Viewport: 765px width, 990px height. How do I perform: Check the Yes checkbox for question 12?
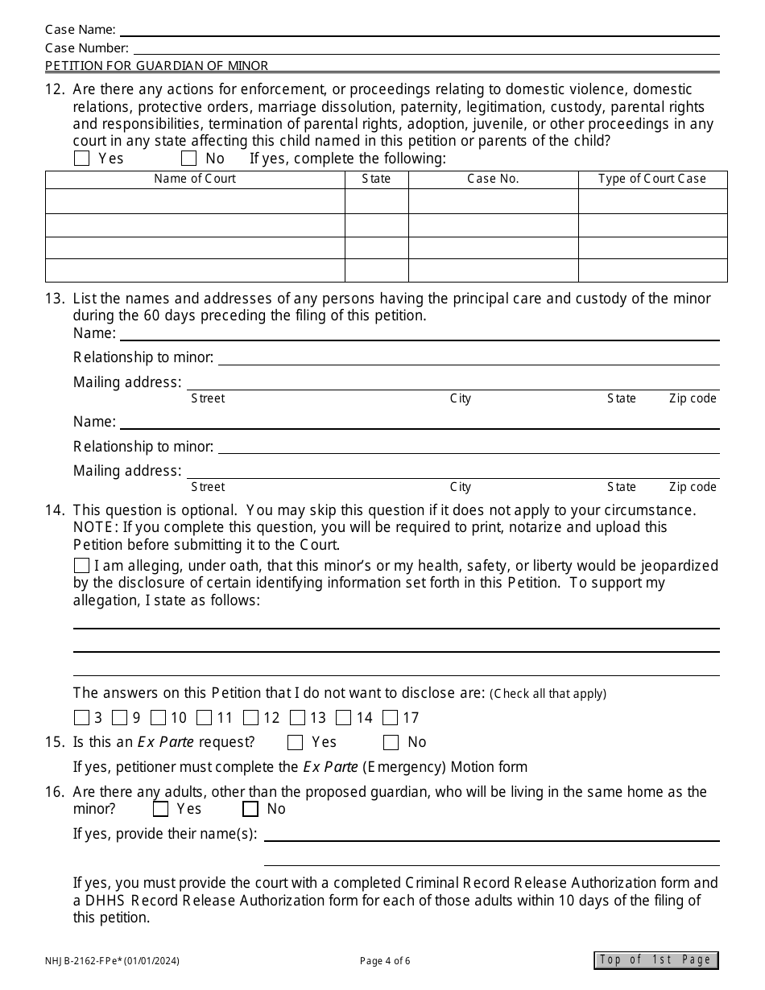tap(81, 159)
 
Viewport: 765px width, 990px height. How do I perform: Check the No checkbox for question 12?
tap(188, 159)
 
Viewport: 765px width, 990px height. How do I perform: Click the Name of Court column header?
tap(195, 179)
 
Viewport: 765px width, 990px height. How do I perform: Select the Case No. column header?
tap(493, 179)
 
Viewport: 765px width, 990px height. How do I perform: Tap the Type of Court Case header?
tap(652, 179)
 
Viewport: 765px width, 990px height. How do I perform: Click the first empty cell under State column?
tap(376, 201)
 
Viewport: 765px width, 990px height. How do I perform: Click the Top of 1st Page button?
tap(655, 959)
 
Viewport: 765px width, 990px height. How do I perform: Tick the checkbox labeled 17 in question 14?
tap(391, 718)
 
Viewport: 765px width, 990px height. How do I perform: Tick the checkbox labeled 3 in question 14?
tap(81, 718)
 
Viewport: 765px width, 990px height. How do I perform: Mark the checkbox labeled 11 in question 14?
tap(205, 718)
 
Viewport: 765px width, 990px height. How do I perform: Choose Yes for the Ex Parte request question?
tap(296, 742)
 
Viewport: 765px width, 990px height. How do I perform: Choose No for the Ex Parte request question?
tap(391, 742)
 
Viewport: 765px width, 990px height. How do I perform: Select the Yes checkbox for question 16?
tap(161, 809)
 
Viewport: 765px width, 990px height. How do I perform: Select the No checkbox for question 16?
tap(250, 809)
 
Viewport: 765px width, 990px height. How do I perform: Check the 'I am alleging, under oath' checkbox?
tap(81, 566)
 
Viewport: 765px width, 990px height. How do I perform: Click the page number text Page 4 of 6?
tap(385, 960)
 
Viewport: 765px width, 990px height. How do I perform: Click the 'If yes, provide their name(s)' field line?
tap(491, 835)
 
